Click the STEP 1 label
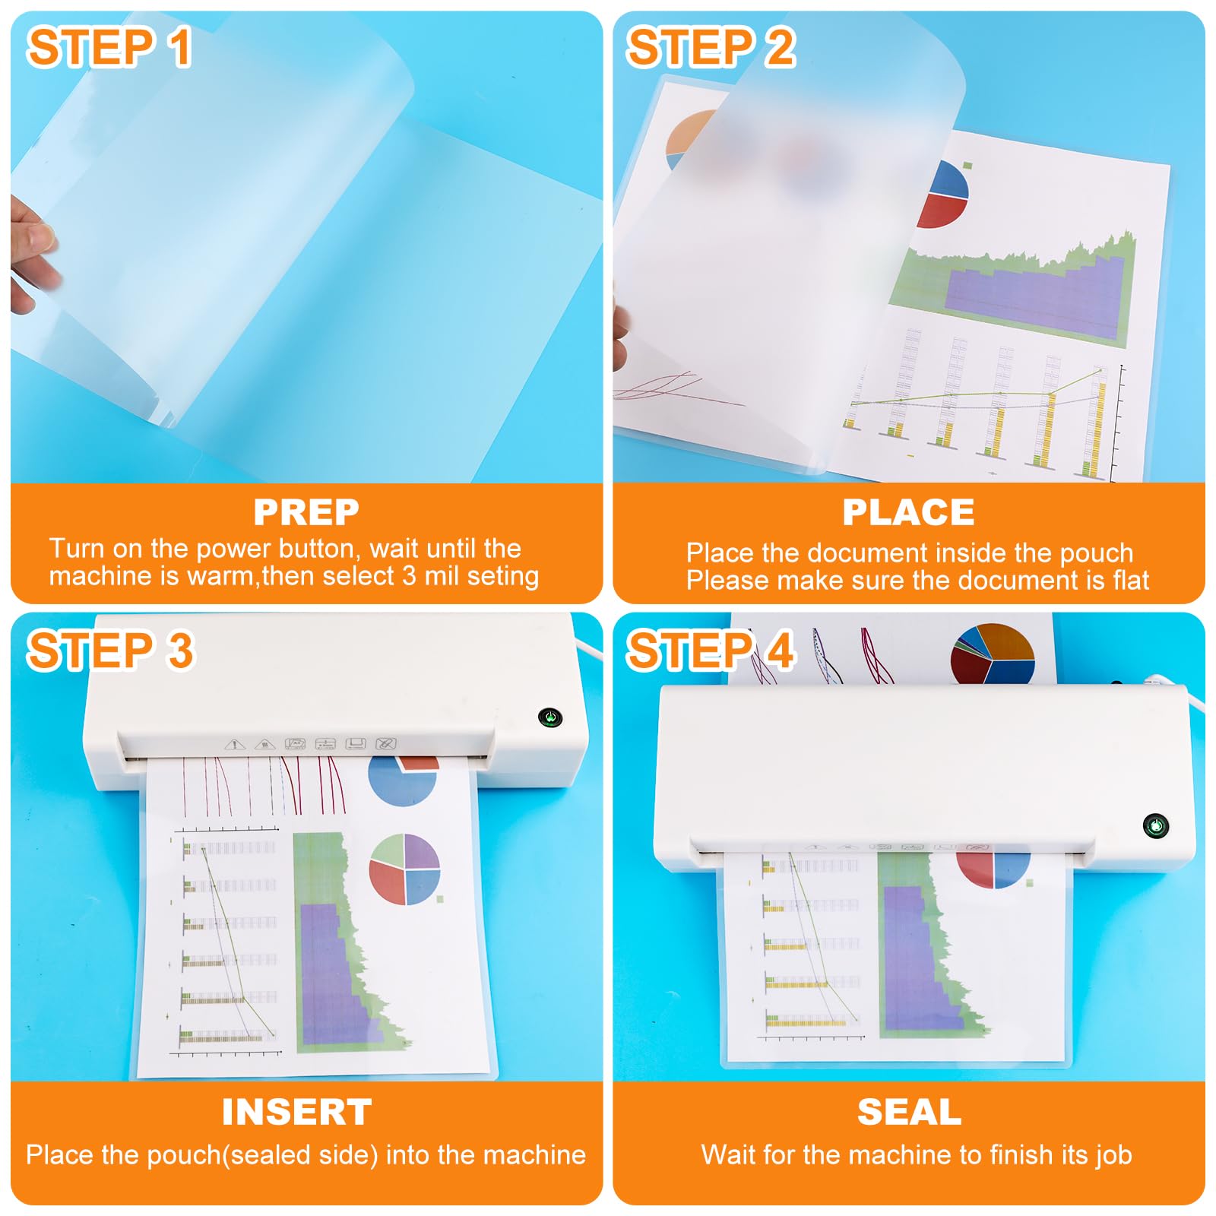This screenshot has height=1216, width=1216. pos(109,47)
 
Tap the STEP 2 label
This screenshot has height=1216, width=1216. pos(711,47)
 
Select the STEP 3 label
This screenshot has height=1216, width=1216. pos(111,651)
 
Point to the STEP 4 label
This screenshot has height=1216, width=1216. pos(711,651)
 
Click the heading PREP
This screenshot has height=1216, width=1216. pos(306,512)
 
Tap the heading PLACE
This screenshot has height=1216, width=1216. pos(908,512)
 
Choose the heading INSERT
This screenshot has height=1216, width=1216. pos(297,1113)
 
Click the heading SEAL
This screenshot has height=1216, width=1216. pos(909,1113)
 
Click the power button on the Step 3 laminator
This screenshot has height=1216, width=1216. pos(549,717)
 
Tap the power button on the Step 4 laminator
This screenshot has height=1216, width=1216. pos(1155,825)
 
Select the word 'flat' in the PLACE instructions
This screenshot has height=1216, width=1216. pos(1131,581)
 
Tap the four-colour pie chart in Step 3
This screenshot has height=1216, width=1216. pos(404,869)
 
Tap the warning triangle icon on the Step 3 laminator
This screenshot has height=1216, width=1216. pos(234,744)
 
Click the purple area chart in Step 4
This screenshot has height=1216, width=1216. pos(912,950)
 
